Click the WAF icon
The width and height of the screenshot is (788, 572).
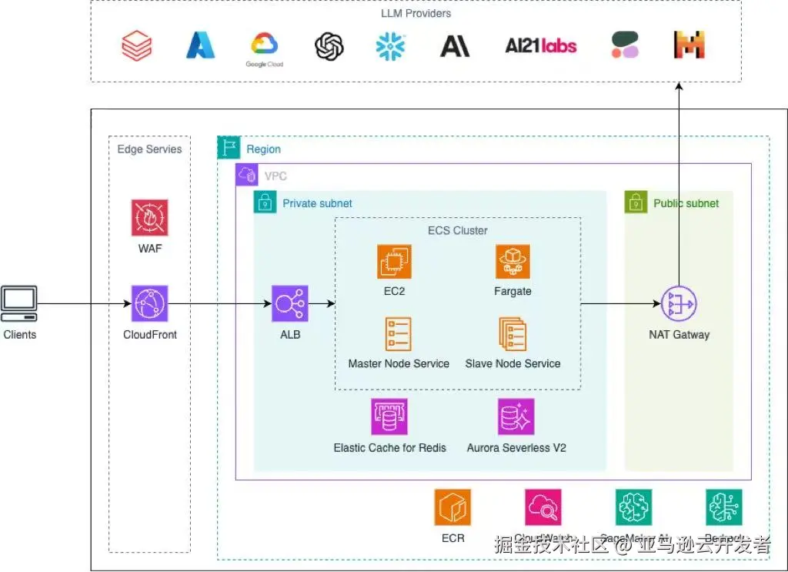pos(149,218)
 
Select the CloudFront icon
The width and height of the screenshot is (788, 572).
pos(149,304)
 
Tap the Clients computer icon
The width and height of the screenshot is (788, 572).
pos(19,304)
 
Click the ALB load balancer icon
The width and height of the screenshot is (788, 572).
pos(290,304)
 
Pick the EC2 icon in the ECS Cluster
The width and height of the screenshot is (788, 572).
pos(394,262)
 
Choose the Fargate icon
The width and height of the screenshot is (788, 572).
pos(513,262)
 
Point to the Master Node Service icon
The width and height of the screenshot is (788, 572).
pos(399,334)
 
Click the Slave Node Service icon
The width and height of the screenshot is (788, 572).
pos(513,334)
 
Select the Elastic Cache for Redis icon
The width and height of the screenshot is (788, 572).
pos(389,416)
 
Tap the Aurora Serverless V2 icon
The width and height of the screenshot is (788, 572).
pos(516,416)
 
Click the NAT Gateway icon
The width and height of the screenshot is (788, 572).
pos(679,304)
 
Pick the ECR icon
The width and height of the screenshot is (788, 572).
pos(452,507)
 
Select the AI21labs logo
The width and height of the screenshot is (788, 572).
pos(541,46)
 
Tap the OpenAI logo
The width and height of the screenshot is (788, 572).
pos(329,46)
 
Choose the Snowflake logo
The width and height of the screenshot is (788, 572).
pos(390,46)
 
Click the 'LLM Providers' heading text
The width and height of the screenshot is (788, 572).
pos(416,13)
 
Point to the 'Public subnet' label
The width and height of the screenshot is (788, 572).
pos(686,204)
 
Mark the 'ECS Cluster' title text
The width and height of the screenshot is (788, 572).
pos(457,230)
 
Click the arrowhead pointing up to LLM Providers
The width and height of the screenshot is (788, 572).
pos(679,88)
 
